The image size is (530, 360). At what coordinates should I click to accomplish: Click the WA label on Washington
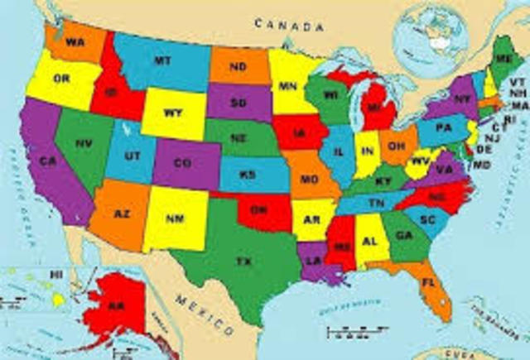(75, 41)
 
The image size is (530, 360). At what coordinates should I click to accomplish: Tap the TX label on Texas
(243, 262)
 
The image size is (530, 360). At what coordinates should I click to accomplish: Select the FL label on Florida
(428, 282)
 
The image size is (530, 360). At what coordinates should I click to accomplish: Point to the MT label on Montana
(162, 60)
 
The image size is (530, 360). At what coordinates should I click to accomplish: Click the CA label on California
(49, 161)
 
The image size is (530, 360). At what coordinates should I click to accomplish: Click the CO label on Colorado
(184, 163)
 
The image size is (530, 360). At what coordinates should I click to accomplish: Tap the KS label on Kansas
(248, 175)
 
